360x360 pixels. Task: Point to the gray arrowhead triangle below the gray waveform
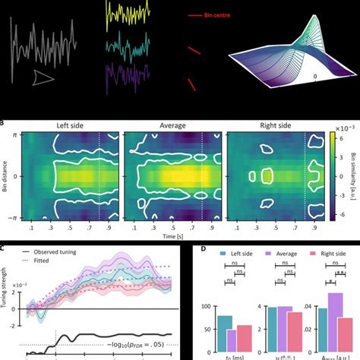(43, 76)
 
